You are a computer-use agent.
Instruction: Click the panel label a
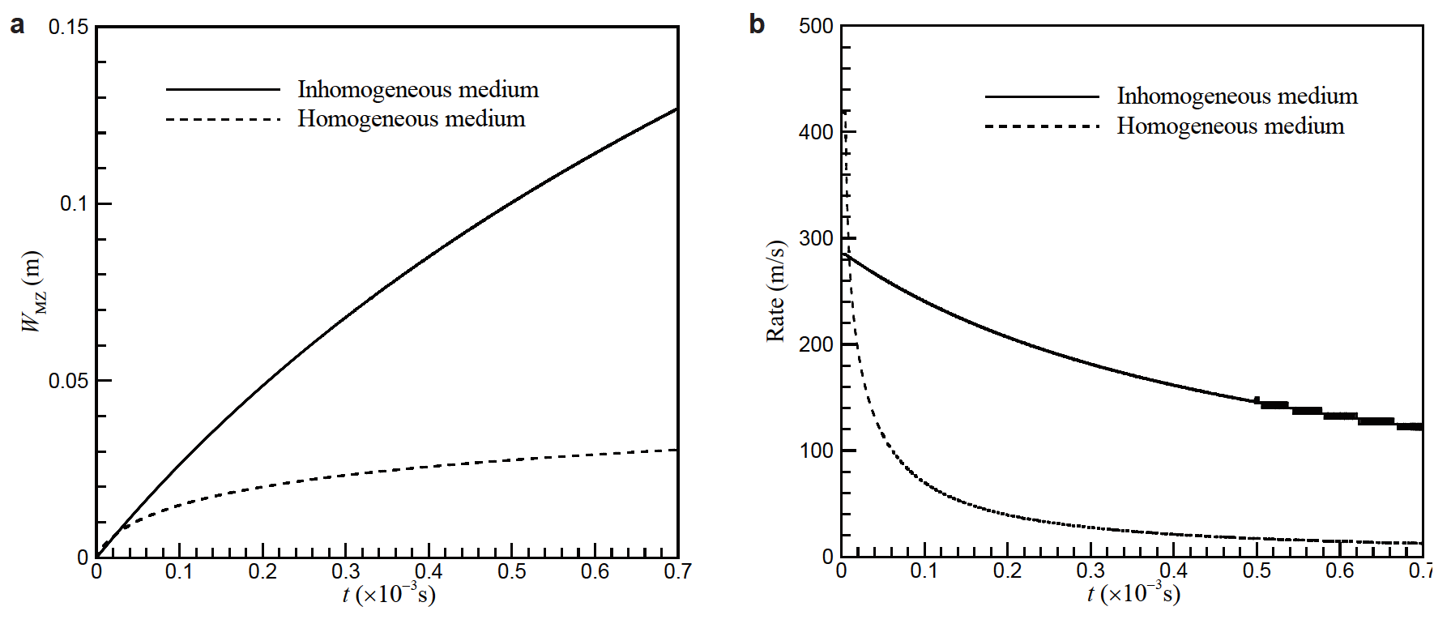(x=17, y=26)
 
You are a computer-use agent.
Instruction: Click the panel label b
(x=756, y=24)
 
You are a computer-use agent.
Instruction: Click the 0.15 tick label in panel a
(x=68, y=27)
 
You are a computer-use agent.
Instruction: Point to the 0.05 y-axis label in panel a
(x=68, y=381)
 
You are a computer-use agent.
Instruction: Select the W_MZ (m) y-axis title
(x=33, y=292)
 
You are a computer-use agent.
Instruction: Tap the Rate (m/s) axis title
(x=775, y=292)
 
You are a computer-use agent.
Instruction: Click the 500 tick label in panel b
(x=816, y=26)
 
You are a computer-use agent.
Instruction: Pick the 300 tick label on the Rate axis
(x=816, y=238)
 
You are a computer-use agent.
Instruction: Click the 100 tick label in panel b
(x=816, y=451)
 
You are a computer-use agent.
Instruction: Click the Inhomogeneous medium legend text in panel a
(x=418, y=89)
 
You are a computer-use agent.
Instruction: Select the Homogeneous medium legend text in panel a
(x=412, y=119)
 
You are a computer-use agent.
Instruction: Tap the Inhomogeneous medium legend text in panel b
(x=1237, y=96)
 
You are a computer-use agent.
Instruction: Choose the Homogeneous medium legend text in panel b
(x=1231, y=126)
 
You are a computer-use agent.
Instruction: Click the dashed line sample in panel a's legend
(x=223, y=120)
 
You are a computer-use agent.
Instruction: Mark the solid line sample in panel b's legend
(x=1042, y=97)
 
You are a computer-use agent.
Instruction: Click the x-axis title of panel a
(x=389, y=595)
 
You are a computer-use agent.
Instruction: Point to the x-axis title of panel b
(x=1133, y=594)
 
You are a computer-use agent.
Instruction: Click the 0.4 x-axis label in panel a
(x=429, y=572)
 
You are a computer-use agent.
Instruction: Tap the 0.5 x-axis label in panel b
(x=1257, y=571)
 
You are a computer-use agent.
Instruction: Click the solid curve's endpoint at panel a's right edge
(x=676, y=109)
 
